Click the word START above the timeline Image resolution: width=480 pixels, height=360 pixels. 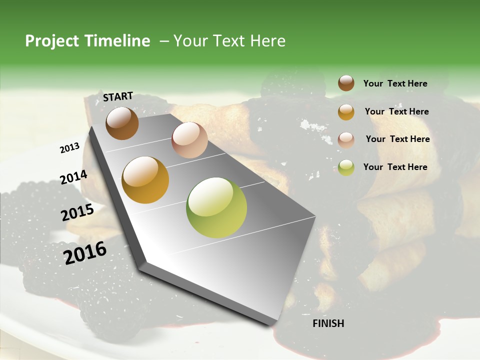click(x=118, y=96)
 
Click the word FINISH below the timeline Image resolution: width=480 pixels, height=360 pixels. click(x=328, y=323)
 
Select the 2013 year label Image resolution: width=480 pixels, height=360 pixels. click(x=70, y=148)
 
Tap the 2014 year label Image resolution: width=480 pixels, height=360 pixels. click(x=73, y=177)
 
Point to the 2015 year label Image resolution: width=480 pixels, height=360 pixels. click(x=77, y=213)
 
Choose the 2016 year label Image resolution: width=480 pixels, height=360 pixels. click(x=85, y=252)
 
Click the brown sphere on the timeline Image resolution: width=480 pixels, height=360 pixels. click(x=122, y=123)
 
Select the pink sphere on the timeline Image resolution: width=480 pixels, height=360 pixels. click(x=189, y=140)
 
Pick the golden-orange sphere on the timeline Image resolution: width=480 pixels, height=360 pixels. click(x=145, y=180)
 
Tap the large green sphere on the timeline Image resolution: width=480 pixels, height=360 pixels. click(x=216, y=207)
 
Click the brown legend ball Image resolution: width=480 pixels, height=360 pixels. click(x=346, y=83)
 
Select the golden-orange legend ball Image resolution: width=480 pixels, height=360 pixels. click(x=346, y=112)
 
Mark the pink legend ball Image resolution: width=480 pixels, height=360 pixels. click(x=346, y=140)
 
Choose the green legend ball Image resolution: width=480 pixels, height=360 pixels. click(x=346, y=167)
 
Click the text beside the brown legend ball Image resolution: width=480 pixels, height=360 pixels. click(x=395, y=84)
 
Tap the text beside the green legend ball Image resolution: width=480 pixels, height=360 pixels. click(x=395, y=167)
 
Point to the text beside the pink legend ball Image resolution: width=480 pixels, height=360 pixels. click(x=397, y=139)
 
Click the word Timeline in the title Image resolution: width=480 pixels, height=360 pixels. click(x=118, y=41)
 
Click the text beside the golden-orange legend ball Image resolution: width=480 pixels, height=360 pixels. click(x=396, y=111)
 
